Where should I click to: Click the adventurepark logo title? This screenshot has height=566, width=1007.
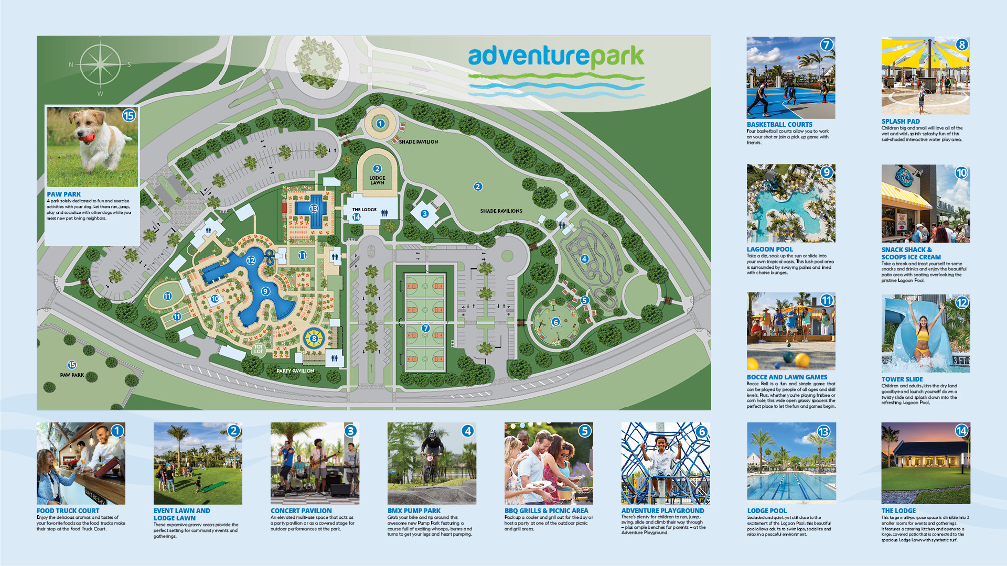pyautogui.click(x=556, y=56)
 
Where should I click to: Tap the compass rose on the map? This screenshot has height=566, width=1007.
pyautogui.click(x=100, y=64)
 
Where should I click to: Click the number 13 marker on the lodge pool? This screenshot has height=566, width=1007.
pyautogui.click(x=314, y=209)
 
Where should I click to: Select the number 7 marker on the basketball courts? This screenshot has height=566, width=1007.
pyautogui.click(x=425, y=328)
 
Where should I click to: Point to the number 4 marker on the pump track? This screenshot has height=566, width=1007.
pyautogui.click(x=584, y=259)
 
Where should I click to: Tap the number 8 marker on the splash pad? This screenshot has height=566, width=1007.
pyautogui.click(x=314, y=339)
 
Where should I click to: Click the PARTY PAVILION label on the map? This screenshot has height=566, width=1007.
pyautogui.click(x=295, y=371)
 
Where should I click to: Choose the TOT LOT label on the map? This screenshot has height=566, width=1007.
pyautogui.click(x=258, y=349)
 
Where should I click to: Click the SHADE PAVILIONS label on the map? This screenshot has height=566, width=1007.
pyautogui.click(x=501, y=211)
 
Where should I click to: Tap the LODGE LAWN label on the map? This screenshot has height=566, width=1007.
pyautogui.click(x=377, y=180)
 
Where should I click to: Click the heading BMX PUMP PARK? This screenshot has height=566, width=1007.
pyautogui.click(x=414, y=510)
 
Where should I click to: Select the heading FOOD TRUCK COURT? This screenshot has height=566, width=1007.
pyautogui.click(x=68, y=510)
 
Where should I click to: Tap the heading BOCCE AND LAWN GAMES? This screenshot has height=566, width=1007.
pyautogui.click(x=787, y=377)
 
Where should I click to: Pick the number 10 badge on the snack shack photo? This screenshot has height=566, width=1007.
pyautogui.click(x=961, y=173)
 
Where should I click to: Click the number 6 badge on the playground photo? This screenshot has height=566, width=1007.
pyautogui.click(x=702, y=432)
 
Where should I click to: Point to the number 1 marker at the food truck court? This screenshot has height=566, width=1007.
pyautogui.click(x=380, y=124)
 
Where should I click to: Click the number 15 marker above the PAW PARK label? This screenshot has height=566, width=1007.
pyautogui.click(x=72, y=365)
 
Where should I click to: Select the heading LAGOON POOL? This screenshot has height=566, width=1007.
pyautogui.click(x=769, y=249)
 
